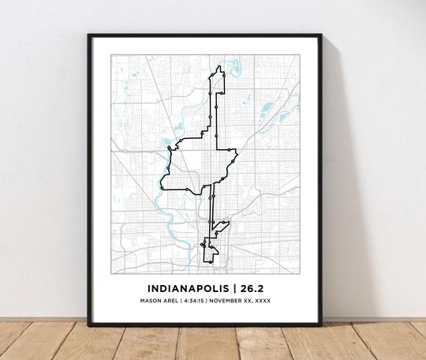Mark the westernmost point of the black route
[x=161, y=187]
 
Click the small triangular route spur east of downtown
[x=220, y=230]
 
